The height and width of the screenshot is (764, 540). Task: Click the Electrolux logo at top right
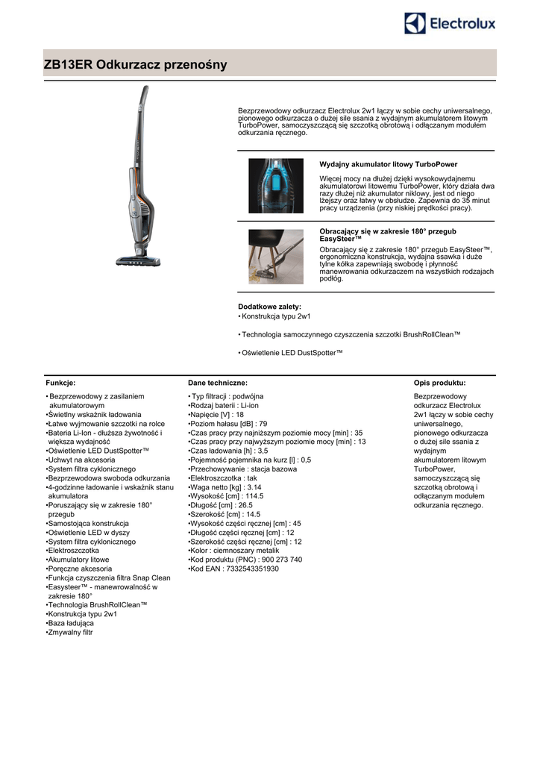450,24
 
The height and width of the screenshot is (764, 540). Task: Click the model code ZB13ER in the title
69,65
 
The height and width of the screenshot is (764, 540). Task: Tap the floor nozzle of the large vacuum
138,260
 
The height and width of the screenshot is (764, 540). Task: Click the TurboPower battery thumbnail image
275,186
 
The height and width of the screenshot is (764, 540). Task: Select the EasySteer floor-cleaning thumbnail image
275,256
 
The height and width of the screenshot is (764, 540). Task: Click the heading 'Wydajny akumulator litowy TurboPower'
388,164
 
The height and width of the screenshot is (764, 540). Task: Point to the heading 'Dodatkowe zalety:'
269,307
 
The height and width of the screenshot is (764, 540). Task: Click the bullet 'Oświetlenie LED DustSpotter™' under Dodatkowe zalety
292,353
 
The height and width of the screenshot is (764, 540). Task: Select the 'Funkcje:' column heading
60,383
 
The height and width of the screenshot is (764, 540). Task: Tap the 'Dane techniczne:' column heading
218,383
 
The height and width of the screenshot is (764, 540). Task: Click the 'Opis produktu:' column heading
439,383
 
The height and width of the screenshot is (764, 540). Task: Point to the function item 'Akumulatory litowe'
78,559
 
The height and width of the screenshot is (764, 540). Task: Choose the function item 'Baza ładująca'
71,623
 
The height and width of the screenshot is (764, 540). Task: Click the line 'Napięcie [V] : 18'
217,414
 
